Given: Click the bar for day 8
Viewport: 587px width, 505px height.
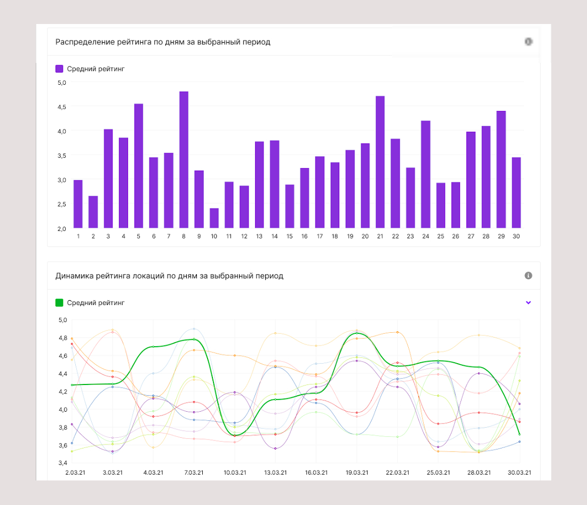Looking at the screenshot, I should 184,160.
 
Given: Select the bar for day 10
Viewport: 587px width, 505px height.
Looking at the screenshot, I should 214,218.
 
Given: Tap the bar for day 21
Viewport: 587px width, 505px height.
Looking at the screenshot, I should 380,162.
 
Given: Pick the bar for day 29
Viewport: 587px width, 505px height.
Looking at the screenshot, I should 501,170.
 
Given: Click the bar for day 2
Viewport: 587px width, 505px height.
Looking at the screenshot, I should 93,212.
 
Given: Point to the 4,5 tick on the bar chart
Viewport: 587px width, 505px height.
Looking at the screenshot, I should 62,107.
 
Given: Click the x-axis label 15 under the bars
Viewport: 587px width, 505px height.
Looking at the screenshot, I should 289,236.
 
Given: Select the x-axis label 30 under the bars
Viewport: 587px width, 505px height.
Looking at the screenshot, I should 516,236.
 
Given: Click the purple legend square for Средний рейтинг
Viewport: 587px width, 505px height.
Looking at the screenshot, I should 59,69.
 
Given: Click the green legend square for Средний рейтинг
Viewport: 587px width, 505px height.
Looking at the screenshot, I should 59,303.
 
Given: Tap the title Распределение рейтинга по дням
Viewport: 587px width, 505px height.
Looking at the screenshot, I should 163,42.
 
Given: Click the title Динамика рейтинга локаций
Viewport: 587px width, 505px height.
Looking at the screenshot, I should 169,276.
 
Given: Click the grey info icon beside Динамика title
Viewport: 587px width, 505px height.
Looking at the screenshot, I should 528,276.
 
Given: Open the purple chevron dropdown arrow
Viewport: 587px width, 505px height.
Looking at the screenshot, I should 528,302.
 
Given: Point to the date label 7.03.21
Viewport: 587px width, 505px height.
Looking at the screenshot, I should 194,472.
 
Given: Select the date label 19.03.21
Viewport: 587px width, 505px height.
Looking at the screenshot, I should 356,472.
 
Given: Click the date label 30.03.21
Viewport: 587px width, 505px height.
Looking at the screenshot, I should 519,472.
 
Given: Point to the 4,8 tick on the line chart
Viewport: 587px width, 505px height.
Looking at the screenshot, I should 62,338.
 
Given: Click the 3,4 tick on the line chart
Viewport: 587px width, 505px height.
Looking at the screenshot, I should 62,463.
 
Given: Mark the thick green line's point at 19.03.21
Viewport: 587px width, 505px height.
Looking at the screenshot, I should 356,333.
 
